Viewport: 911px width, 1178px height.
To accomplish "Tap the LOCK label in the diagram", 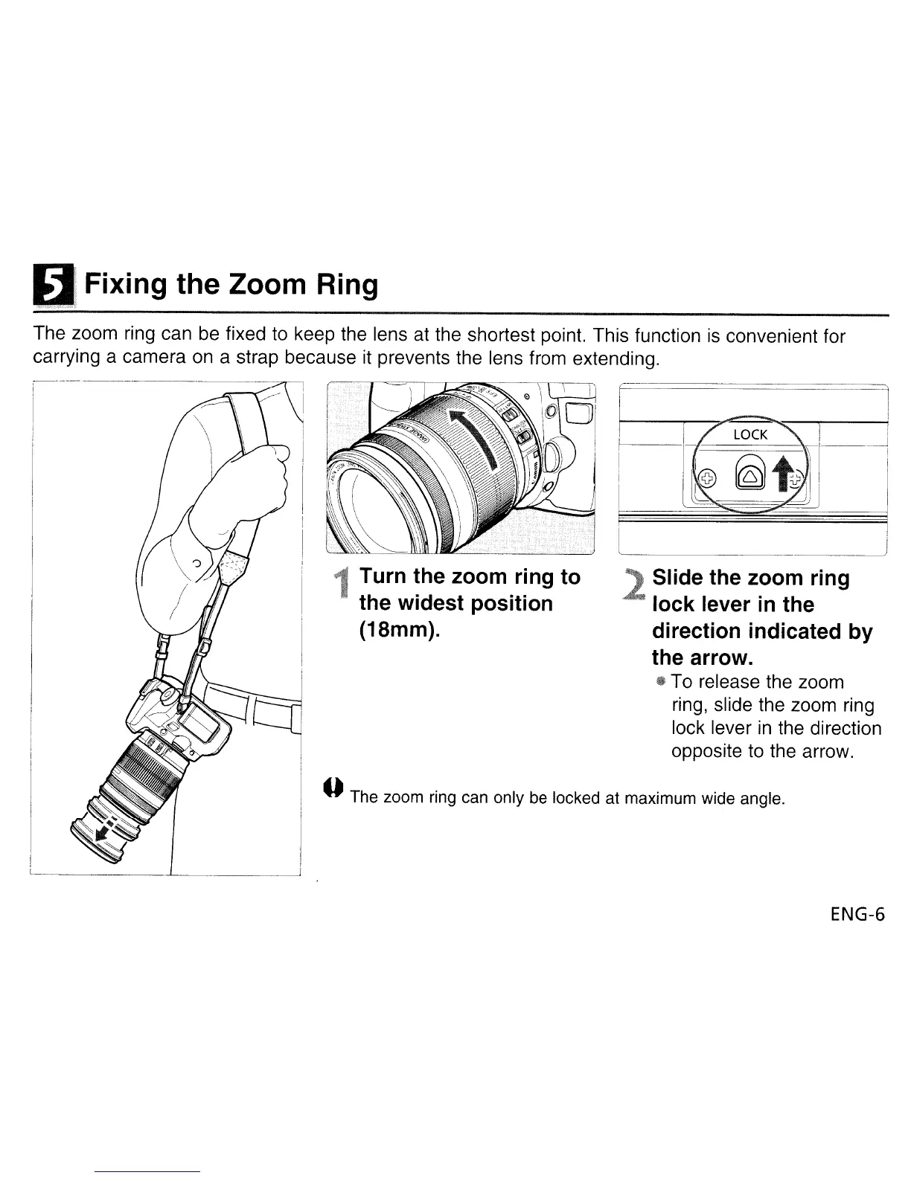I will (749, 434).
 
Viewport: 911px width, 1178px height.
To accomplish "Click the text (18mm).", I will (400, 630).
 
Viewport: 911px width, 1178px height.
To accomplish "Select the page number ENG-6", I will (857, 914).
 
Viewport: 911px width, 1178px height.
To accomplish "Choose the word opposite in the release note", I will (706, 751).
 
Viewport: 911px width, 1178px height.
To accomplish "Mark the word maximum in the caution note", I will (653, 799).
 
